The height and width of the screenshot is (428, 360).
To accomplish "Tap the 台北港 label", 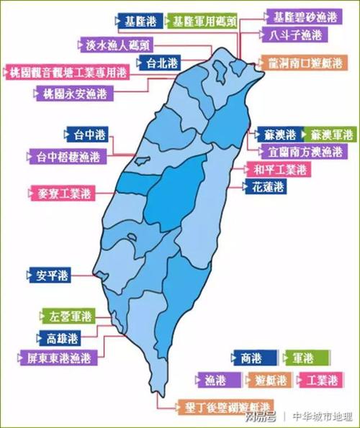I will click(x=161, y=63).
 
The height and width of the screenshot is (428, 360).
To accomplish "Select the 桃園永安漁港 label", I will click(x=75, y=94).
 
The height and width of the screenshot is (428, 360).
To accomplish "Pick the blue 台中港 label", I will click(x=84, y=134).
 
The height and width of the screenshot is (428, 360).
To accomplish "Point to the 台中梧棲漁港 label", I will click(x=69, y=154).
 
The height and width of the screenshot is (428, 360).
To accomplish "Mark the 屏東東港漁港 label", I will click(x=57, y=357).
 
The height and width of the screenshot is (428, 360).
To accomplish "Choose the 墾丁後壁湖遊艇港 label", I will click(x=222, y=405).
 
